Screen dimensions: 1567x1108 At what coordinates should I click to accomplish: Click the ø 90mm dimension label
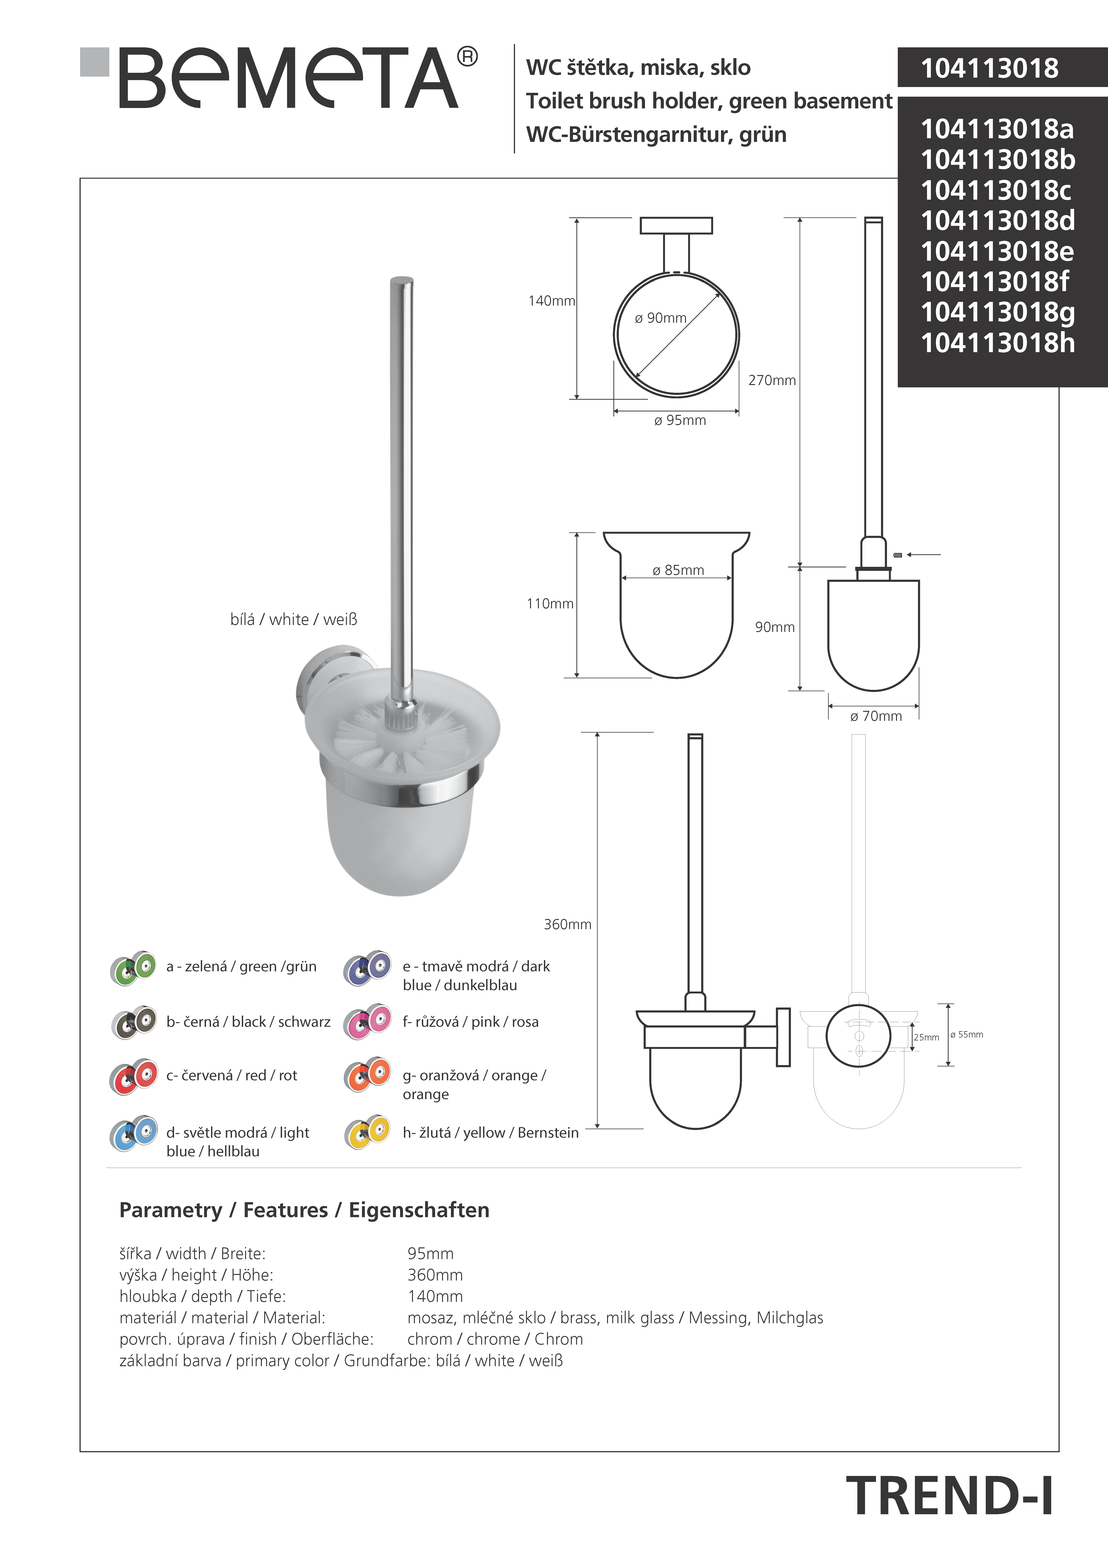coord(660,318)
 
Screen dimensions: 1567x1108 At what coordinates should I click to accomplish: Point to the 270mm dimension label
coord(771,380)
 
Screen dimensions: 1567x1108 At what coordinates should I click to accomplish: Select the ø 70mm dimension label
coord(876,716)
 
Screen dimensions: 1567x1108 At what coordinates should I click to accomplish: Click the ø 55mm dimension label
coord(967,1035)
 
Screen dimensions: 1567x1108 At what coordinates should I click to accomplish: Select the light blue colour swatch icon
coord(133,1134)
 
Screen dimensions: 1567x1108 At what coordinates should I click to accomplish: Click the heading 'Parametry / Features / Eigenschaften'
coord(304,1210)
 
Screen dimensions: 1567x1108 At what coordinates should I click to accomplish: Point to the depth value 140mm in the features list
coord(435,1296)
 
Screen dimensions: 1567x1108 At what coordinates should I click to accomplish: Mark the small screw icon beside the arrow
coord(897,555)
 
